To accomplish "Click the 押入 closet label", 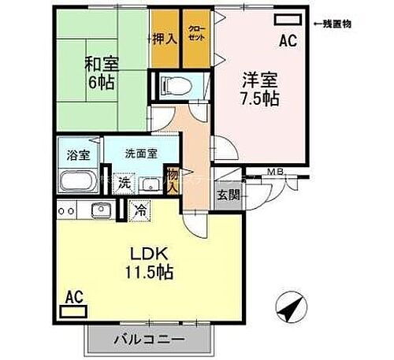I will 165,38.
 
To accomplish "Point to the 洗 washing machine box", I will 126,183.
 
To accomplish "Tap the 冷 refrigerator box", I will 139,210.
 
